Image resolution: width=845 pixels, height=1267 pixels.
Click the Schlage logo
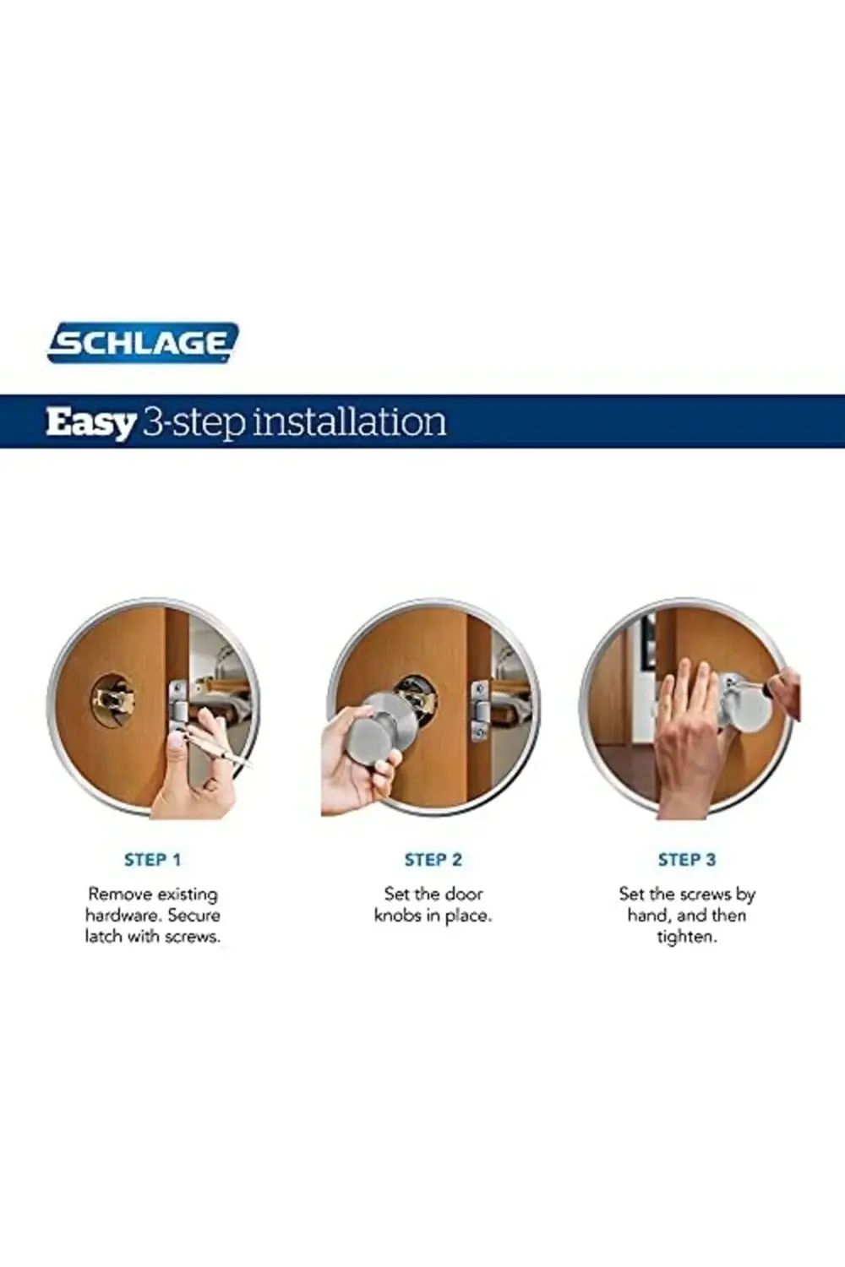click(143, 342)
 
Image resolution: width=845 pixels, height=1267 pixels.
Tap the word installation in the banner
click(349, 421)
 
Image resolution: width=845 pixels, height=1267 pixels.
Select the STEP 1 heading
click(152, 861)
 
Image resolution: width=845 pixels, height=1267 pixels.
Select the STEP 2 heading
click(433, 861)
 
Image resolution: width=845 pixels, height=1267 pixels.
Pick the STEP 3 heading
click(686, 861)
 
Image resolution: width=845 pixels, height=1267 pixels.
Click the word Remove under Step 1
click(119, 895)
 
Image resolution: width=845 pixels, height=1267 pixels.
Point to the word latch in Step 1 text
click(104, 937)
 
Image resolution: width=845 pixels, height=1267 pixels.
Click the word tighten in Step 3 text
click(686, 938)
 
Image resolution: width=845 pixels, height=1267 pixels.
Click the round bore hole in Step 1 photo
click(113, 701)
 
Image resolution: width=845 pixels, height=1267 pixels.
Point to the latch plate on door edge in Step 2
click(479, 711)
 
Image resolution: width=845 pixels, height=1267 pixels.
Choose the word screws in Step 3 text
click(706, 895)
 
